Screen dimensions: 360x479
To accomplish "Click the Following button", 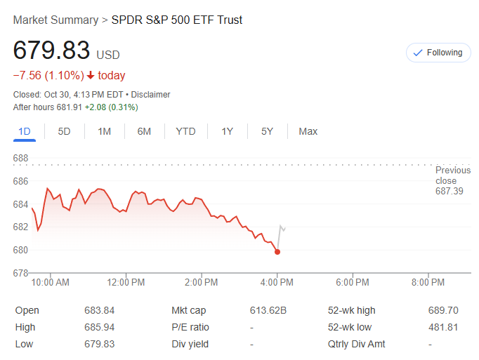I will (x=438, y=53).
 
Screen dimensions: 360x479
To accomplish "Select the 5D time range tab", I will (x=64, y=131).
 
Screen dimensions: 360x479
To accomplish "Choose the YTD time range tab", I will (x=185, y=131).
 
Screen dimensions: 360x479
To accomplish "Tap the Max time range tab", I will (x=308, y=131).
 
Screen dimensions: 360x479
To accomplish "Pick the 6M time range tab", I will (x=144, y=131).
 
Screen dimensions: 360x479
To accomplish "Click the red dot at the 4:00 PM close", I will (x=277, y=252).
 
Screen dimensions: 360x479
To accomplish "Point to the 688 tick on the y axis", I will (x=21, y=159).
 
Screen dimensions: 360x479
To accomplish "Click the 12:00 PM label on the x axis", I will (x=126, y=283).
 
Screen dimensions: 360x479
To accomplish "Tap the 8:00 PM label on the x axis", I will (x=428, y=283).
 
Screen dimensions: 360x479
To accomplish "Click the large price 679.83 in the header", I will (x=52, y=51).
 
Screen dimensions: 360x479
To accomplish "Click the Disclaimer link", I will (x=150, y=95).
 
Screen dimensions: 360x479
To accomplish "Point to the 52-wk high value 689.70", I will (x=443, y=310).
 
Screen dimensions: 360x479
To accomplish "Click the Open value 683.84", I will (x=99, y=310).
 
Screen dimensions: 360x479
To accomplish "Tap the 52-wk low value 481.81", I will (x=443, y=327).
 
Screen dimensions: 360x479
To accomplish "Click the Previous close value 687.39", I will (x=450, y=191).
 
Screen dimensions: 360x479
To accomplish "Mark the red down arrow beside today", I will (x=91, y=76).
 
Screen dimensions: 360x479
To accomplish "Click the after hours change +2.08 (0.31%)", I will (x=111, y=107).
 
